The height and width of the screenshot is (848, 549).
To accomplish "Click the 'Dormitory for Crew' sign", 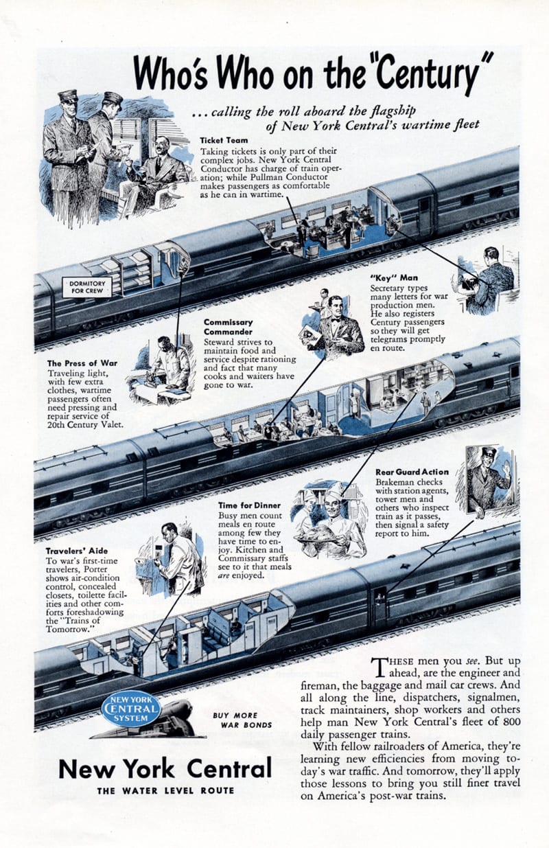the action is point(87,287).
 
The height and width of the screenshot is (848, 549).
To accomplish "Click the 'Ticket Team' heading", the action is point(224,140).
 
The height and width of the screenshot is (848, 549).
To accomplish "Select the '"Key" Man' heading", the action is point(394,277).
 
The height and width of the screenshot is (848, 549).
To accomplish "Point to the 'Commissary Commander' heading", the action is point(228,327).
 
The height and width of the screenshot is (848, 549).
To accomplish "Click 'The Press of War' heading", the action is point(82,363).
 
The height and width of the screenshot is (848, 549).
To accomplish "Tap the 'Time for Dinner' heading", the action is point(249,505).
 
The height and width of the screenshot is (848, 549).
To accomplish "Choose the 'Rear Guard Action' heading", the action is point(412,472).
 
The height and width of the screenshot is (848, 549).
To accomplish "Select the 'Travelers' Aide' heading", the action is point(77,551).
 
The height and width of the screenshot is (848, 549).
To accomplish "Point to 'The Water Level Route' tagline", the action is point(165,790).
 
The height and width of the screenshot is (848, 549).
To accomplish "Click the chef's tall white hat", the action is point(335,489).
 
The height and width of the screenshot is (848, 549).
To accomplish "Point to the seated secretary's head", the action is point(491,257).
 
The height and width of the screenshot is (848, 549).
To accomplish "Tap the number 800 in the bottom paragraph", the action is point(512,721).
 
